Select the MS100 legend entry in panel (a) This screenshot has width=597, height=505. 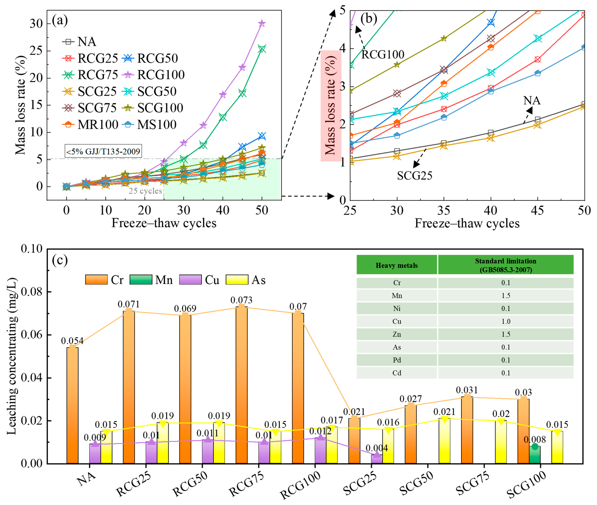tap(157, 125)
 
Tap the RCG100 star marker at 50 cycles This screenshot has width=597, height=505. tap(262, 23)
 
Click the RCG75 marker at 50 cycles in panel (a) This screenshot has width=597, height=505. tap(262, 49)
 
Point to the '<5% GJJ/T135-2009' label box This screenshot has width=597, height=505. tap(103, 151)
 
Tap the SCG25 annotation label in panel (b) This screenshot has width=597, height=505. tap(414, 175)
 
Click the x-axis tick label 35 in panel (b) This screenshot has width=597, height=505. tap(444, 211)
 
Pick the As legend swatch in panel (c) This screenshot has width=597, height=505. tap(237, 280)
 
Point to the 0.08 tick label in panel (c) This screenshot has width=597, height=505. tap(31, 292)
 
